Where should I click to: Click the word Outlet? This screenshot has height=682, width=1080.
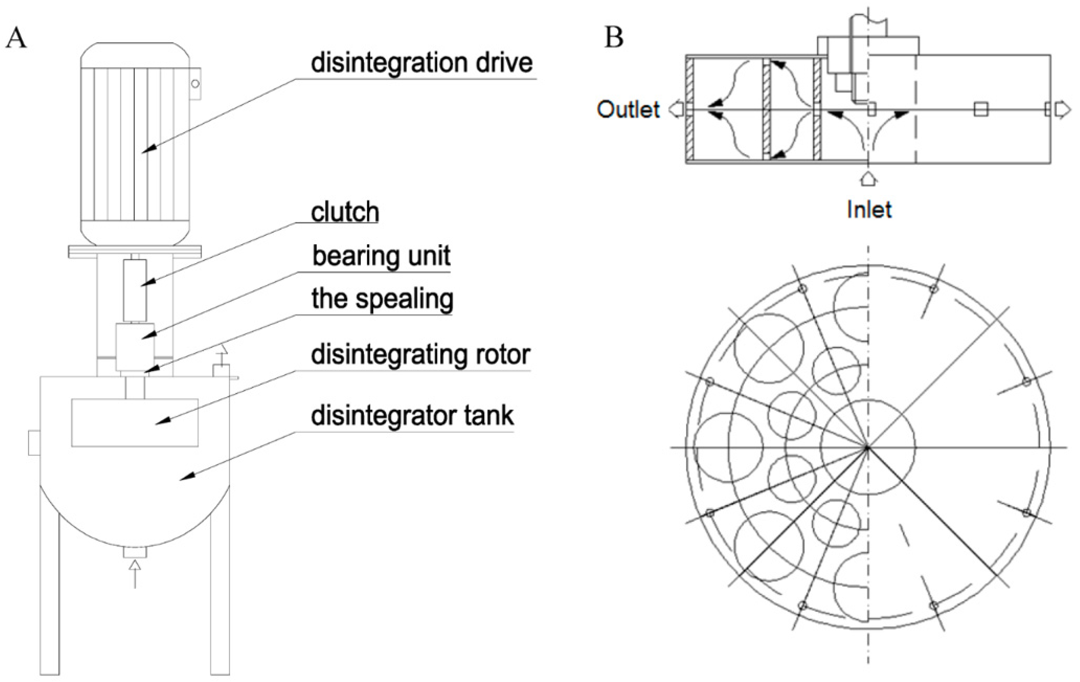pyautogui.click(x=628, y=109)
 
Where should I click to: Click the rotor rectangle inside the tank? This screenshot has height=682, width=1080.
pyautogui.click(x=134, y=422)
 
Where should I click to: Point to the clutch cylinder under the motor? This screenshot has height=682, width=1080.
pyautogui.click(x=135, y=290)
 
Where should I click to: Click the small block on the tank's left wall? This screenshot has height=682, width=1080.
pyautogui.click(x=34, y=443)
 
